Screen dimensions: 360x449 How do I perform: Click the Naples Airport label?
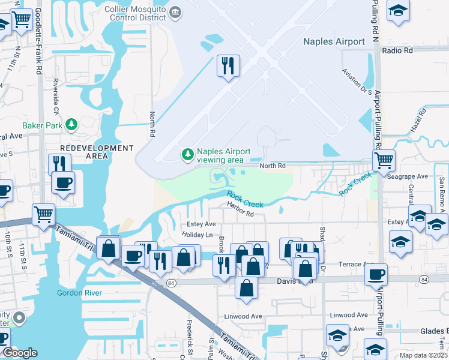coord(334,41)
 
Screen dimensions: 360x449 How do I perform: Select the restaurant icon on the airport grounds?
coord(228,66)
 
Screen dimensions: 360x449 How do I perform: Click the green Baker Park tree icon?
coord(71,124)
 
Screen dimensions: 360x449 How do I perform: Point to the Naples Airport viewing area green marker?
coord(188,155)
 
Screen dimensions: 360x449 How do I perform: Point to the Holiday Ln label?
coord(197,235)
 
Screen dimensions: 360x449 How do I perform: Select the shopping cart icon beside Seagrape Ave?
coord(384,160)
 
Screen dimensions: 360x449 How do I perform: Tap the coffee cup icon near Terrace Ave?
coord(376,274)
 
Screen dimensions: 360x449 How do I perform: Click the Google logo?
coord(20,353)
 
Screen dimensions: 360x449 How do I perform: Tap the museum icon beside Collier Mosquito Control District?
coord(175,11)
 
